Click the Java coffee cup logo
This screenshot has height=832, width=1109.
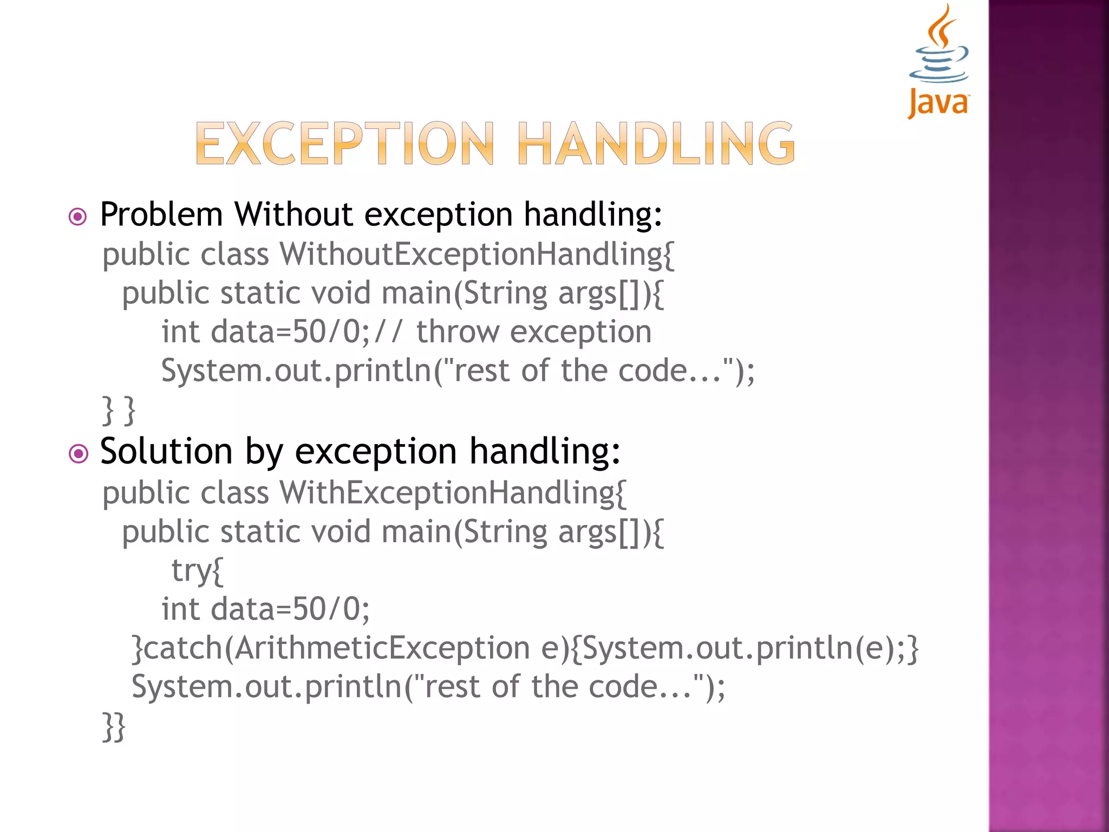point(939,60)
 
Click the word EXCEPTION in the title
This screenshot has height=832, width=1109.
point(344,144)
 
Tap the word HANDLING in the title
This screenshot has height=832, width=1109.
point(656,144)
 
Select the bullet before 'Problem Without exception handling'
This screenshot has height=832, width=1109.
point(78,217)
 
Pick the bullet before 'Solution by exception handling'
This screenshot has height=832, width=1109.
point(78,453)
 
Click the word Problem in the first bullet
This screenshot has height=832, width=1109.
point(161,214)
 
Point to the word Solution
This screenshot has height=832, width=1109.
point(166,451)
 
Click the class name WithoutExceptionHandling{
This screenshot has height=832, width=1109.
point(477,255)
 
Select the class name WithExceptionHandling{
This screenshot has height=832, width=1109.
point(453,493)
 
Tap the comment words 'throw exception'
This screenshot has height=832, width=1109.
point(533,331)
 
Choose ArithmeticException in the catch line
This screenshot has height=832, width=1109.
point(382,648)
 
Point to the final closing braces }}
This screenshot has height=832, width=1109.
point(114,727)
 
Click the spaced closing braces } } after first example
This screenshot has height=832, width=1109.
point(119,411)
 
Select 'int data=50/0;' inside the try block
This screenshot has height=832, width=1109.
point(265,609)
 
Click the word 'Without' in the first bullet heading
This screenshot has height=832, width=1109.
point(293,214)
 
